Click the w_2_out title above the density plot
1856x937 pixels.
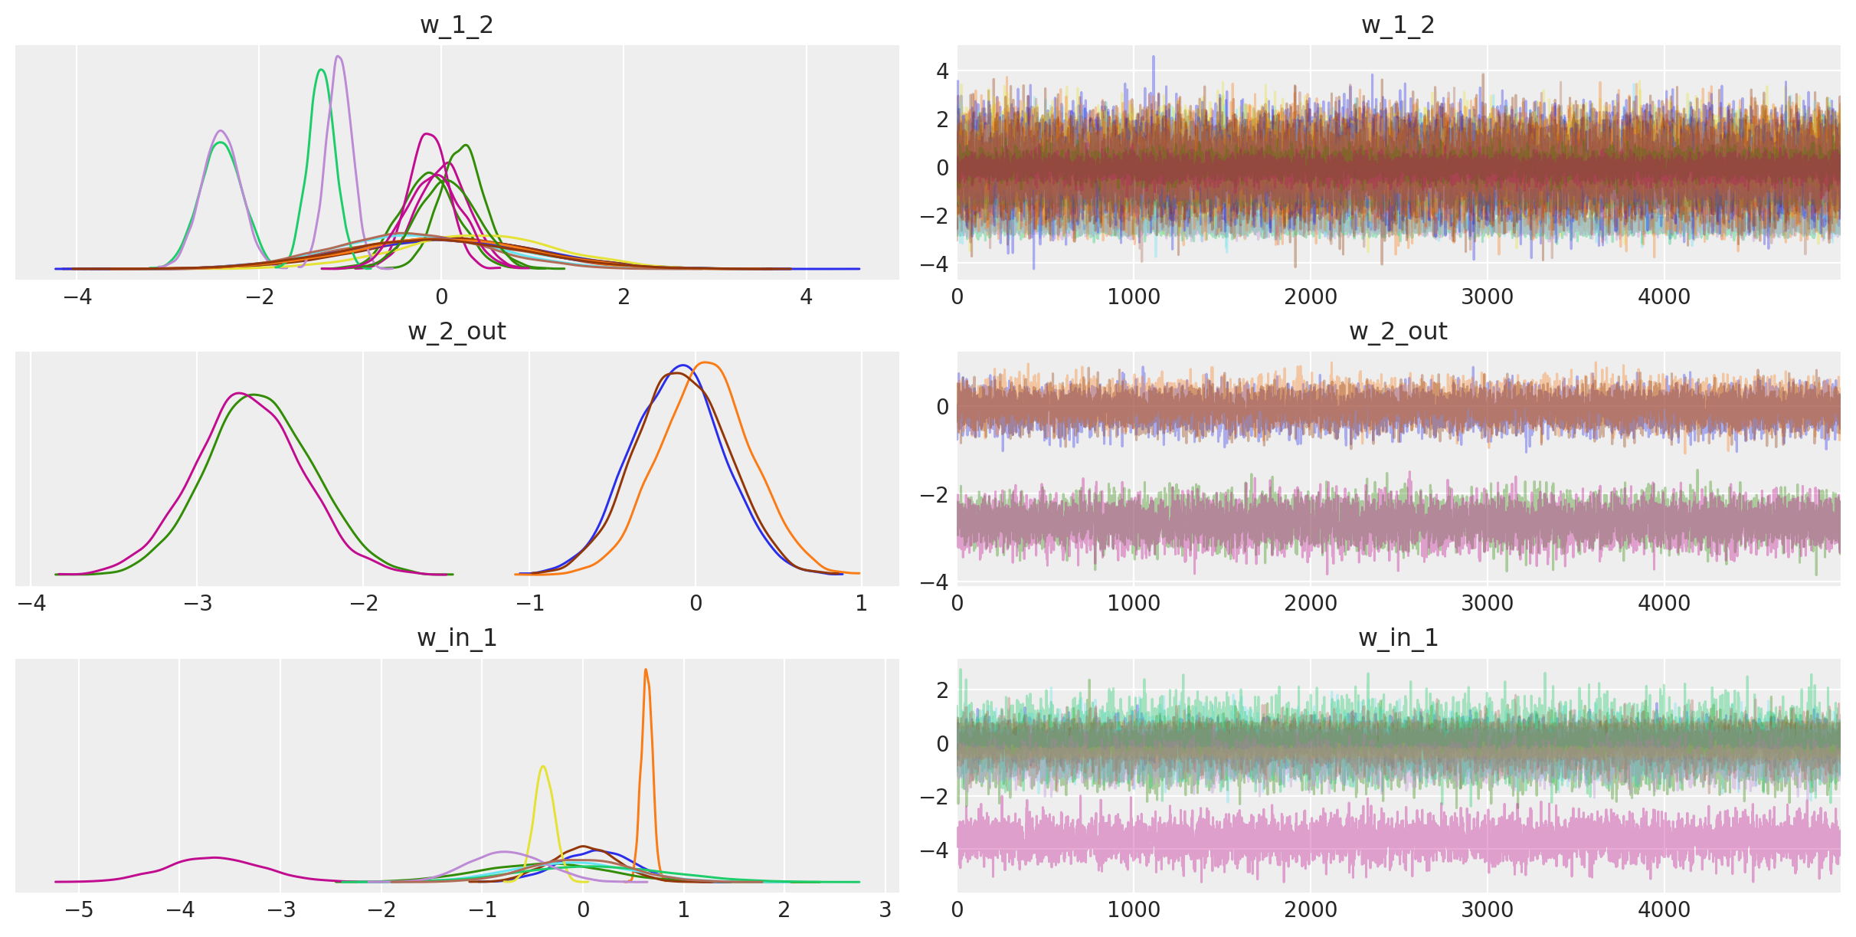point(457,332)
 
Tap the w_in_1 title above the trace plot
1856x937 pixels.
point(1398,638)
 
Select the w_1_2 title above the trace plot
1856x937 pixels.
point(1398,25)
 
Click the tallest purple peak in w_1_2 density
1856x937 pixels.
point(339,57)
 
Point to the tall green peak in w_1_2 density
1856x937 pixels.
point(321,70)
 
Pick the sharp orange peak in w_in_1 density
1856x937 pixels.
point(646,670)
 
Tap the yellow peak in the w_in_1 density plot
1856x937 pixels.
point(543,766)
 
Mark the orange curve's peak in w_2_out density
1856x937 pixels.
point(706,362)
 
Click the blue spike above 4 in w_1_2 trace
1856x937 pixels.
point(1154,57)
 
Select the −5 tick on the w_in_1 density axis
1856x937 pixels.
point(78,910)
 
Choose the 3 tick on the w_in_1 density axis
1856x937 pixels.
point(885,910)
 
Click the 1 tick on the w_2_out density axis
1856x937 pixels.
point(862,604)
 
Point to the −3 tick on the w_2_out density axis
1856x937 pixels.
point(197,604)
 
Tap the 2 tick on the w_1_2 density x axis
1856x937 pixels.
point(624,297)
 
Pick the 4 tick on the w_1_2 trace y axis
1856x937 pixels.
point(942,71)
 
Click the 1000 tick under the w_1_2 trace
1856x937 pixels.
point(1134,297)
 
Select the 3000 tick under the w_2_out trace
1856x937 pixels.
point(1487,604)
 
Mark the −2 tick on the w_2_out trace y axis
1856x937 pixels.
point(935,495)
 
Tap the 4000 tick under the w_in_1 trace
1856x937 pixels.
point(1664,910)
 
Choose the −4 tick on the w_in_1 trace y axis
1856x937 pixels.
point(935,850)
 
